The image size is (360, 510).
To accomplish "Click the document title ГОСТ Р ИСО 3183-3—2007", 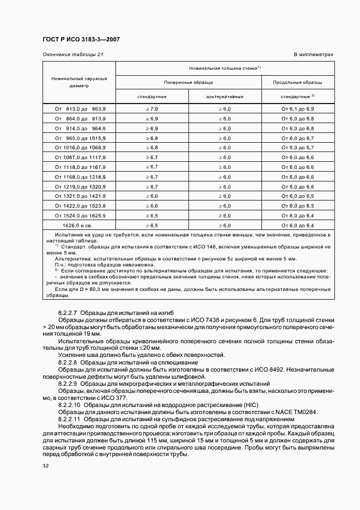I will (x=81, y=40).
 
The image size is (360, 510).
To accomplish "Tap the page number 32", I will (x=45, y=466).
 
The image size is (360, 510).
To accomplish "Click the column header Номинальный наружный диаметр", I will (x=79, y=82).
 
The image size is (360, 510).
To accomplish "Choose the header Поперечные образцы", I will (x=188, y=82).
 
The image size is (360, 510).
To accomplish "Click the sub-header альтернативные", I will (x=224, y=96).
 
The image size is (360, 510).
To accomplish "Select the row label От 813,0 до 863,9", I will (x=80, y=109).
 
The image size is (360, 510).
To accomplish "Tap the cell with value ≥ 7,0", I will (x=151, y=109).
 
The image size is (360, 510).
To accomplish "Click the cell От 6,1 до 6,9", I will (x=298, y=109).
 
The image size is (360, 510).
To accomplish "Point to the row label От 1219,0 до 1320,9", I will (x=80, y=186).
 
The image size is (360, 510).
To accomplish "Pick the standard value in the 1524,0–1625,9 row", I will (x=151, y=215).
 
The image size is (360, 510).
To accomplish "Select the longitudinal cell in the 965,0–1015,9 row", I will (x=298, y=138).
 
